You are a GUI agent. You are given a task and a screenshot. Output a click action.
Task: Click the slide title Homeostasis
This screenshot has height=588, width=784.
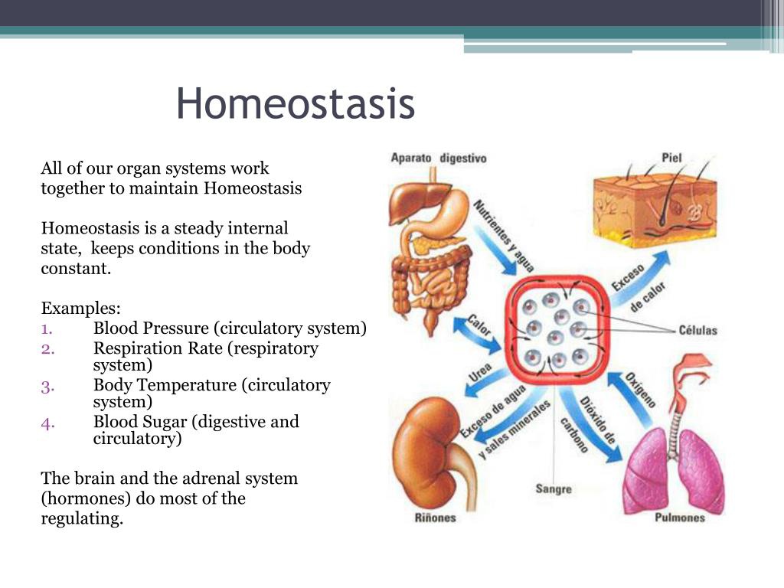pyautogui.click(x=295, y=103)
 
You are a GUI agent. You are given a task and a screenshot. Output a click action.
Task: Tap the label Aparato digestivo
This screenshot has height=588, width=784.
pyautogui.click(x=439, y=158)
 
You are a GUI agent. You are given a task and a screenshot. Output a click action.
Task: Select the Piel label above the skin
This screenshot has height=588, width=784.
pyautogui.click(x=671, y=158)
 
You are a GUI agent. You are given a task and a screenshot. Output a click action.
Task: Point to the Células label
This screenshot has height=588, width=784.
pyautogui.click(x=697, y=330)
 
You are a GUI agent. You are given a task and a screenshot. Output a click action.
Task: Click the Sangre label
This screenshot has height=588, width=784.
pyautogui.click(x=554, y=488)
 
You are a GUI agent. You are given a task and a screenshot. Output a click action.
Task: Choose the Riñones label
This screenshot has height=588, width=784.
pyautogui.click(x=435, y=518)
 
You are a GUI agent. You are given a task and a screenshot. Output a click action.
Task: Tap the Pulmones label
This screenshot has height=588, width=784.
pyautogui.click(x=680, y=518)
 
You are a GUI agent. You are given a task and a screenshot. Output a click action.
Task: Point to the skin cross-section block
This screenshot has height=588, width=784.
pyautogui.click(x=655, y=210)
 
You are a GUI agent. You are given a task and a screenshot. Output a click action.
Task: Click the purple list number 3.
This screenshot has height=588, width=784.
pyautogui.click(x=47, y=387)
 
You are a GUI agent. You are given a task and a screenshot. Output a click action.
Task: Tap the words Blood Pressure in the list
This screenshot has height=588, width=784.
pyautogui.click(x=151, y=328)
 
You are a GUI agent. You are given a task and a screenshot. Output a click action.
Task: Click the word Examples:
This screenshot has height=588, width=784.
pyautogui.click(x=80, y=309)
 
